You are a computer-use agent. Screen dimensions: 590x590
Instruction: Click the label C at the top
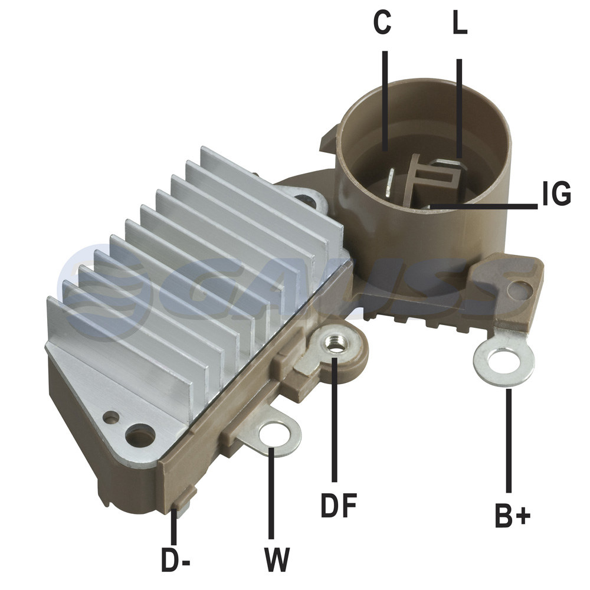(382, 22)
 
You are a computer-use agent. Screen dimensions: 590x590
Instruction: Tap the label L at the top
(460, 22)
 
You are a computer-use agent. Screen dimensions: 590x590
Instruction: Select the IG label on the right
(557, 194)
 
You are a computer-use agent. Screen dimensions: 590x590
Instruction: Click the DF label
(339, 506)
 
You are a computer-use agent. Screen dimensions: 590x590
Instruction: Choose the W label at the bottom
(277, 559)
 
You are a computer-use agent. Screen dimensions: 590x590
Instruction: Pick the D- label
(176, 559)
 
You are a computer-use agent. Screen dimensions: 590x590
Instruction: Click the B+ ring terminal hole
(504, 362)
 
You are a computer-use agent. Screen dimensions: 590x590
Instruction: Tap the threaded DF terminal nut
(336, 344)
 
